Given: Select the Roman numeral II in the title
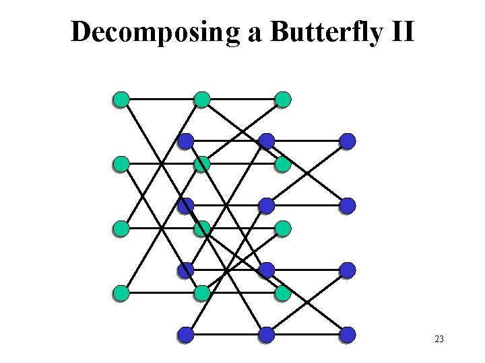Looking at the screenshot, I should (x=400, y=32).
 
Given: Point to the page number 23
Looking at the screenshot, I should (x=439, y=339).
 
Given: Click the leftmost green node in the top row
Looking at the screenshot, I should (x=121, y=99).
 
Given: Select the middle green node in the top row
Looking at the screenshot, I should (x=202, y=99).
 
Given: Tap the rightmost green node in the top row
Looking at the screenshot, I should (x=283, y=99).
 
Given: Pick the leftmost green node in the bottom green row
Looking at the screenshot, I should (x=121, y=293).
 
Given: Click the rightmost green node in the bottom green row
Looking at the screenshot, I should (x=283, y=293).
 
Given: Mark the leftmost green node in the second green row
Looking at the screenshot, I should (x=121, y=164).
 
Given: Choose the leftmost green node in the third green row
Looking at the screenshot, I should (x=121, y=229).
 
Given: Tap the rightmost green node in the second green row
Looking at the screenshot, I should (x=283, y=164).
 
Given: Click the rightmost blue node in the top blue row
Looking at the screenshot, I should (x=348, y=141).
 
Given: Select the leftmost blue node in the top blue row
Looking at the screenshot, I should (x=186, y=141).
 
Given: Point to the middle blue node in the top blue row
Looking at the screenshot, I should (x=267, y=141).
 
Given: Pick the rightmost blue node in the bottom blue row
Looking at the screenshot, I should (x=348, y=334).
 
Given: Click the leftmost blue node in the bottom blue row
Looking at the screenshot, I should (x=186, y=334).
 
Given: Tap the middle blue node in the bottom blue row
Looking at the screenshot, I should (x=267, y=334).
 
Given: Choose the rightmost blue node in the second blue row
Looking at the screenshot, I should (x=348, y=206).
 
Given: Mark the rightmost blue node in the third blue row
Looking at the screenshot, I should (x=348, y=270).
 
